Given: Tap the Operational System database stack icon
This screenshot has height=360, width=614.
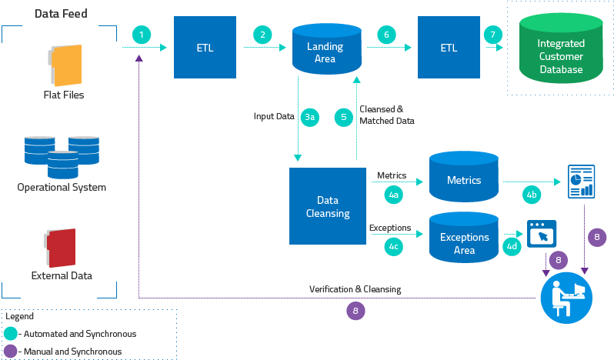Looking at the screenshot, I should pyautogui.click(x=62, y=156).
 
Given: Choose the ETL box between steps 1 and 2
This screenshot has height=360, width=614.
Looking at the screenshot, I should pyautogui.click(x=205, y=48).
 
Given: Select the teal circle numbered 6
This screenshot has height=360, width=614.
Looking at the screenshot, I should pyautogui.click(x=386, y=35).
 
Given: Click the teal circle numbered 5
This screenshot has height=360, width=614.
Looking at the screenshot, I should pyautogui.click(x=344, y=117).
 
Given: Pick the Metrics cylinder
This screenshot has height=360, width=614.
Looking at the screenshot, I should pyautogui.click(x=464, y=178).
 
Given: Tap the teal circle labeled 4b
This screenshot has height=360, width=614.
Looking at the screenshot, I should pyautogui.click(x=532, y=195).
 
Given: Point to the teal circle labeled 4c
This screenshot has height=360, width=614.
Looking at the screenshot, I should pyautogui.click(x=393, y=246).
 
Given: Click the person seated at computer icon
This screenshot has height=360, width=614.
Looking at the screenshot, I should pyautogui.click(x=567, y=298).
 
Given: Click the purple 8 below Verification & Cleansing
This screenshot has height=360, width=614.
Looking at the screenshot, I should pyautogui.click(x=355, y=310).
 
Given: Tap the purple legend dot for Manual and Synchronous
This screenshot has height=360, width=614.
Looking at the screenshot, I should pyautogui.click(x=11, y=351).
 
